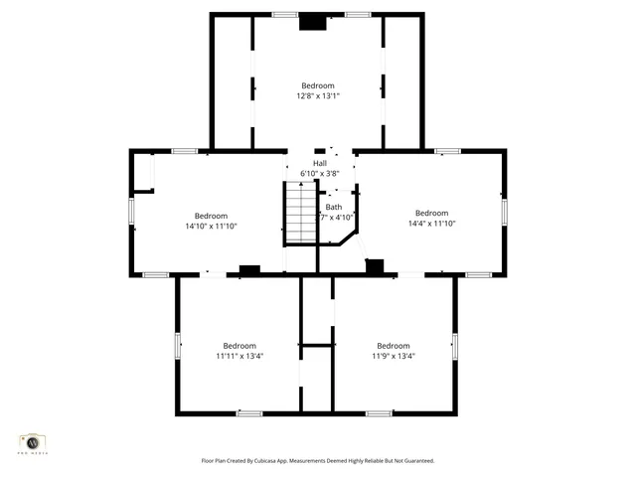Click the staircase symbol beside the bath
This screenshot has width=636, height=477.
pyautogui.click(x=300, y=215)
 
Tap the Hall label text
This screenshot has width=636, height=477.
pyautogui.click(x=320, y=163)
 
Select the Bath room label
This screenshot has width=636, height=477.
pyautogui.click(x=334, y=207)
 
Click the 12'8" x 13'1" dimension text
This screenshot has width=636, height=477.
pyautogui.click(x=318, y=96)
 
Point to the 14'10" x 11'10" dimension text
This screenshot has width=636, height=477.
pyautogui.click(x=211, y=226)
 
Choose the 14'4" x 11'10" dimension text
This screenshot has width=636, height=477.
pyautogui.click(x=431, y=224)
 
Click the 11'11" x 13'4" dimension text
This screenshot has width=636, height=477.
pyautogui.click(x=239, y=356)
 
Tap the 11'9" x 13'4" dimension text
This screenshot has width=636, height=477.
pyautogui.click(x=394, y=356)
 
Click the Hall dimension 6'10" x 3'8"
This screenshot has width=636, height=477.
pyautogui.click(x=320, y=173)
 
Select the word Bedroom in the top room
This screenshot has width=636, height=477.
pyautogui.click(x=318, y=85)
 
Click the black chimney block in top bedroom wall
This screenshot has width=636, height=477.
pyautogui.click(x=314, y=21)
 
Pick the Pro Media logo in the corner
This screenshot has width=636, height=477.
pyautogui.click(x=33, y=442)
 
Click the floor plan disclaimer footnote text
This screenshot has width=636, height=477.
pyautogui.click(x=318, y=460)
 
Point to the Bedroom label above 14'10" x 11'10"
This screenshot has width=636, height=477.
pyautogui.click(x=211, y=216)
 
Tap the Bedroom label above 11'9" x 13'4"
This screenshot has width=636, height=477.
pyautogui.click(x=394, y=346)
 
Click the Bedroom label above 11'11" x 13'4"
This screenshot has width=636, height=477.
pyautogui.click(x=239, y=346)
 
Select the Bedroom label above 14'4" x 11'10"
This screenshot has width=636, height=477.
pyautogui.click(x=431, y=213)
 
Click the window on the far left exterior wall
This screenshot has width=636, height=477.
pyautogui.click(x=131, y=211)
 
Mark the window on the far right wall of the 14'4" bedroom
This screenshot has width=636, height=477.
pyautogui.click(x=504, y=211)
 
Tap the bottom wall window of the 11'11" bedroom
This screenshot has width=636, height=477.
pyautogui.click(x=249, y=412)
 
